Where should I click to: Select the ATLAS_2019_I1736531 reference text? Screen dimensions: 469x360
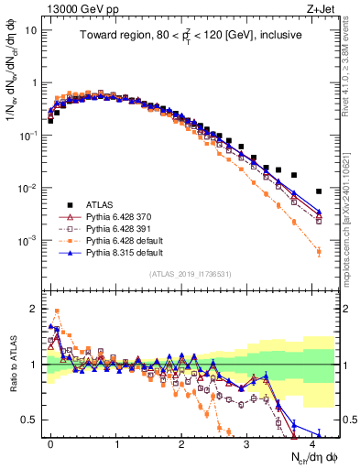coord(190,273)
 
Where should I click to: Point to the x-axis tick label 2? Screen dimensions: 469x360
coord(181,443)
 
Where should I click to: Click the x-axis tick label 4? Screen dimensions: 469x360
coord(312,443)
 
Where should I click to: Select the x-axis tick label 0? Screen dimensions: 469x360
coord(51,443)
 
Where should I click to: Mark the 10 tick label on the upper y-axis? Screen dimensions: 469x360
coord(31,29)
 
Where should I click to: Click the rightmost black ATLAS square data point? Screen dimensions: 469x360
coord(319,191)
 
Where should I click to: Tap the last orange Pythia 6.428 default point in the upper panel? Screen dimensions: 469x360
coord(319,251)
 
